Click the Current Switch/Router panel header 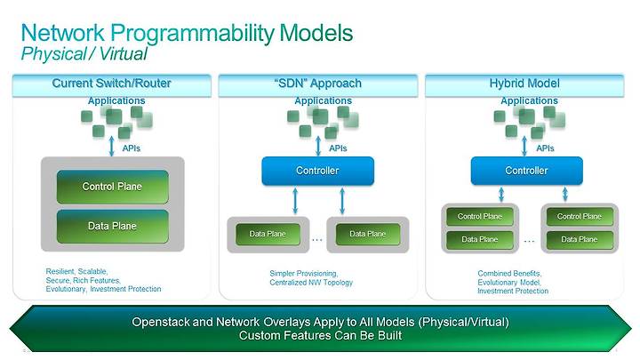pos(111,85)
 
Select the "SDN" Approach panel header pos(318,85)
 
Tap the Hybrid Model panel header pos(524,85)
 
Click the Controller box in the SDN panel pos(317,171)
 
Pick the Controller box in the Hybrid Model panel pos(526,171)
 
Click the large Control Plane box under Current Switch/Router pos(112,187)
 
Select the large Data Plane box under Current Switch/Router pos(112,226)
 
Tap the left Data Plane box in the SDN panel pos(268,234)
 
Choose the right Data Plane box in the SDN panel pos(368,234)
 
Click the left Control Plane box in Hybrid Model pos(480,216)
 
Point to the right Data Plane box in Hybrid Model pos(580,240)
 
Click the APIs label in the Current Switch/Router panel pos(131,148)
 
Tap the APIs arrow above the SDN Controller pos(318,146)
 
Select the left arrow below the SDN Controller pos(295,201)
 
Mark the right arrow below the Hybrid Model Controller pos(565,195)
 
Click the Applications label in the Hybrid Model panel pos(530,100)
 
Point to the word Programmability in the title pos(192,34)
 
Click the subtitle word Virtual pos(124,54)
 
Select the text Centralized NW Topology pos(311,283)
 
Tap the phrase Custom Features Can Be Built pos(320,335)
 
